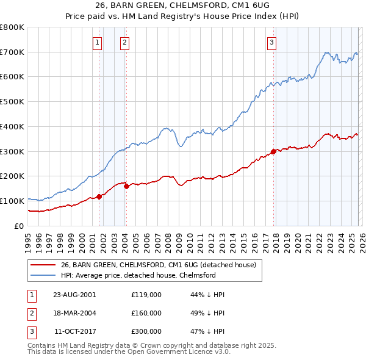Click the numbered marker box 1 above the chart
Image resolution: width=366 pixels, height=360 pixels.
pyautogui.click(x=98, y=42)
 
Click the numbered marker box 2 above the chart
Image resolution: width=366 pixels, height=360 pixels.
pyautogui.click(x=124, y=42)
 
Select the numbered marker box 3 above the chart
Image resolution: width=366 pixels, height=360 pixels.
pyautogui.click(x=271, y=42)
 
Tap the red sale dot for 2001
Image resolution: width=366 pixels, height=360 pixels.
pyautogui.click(x=99, y=196)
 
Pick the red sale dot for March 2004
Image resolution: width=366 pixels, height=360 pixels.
pyautogui.click(x=126, y=186)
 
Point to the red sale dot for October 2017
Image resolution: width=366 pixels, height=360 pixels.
pyautogui.click(x=273, y=151)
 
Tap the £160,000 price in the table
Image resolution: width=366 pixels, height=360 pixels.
pyautogui.click(x=146, y=313)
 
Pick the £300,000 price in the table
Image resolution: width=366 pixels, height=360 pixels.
pyautogui.click(x=146, y=331)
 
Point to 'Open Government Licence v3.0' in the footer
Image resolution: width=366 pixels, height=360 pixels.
pyautogui.click(x=177, y=353)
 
